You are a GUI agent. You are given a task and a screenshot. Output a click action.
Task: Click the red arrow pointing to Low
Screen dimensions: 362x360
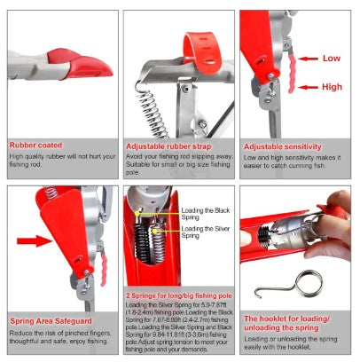pos(308,59)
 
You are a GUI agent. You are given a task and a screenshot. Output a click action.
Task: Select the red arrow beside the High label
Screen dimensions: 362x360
pos(308,86)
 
